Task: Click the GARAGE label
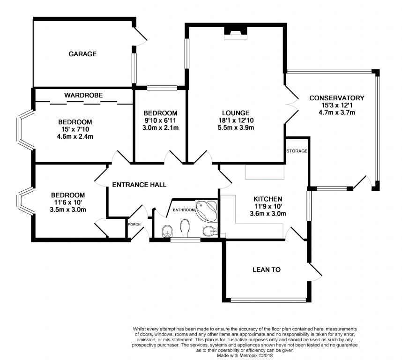(82, 54)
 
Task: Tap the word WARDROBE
(83, 95)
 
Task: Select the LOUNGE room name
(236, 112)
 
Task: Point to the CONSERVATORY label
(336, 98)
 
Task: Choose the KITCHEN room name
(268, 198)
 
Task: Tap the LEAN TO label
(267, 270)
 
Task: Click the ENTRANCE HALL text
(139, 185)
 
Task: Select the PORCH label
(135, 224)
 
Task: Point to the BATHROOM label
(184, 210)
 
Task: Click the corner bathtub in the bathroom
(206, 211)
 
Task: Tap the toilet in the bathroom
(184, 230)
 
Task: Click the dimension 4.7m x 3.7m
(336, 112)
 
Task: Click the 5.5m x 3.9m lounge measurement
(236, 127)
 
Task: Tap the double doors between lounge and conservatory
(290, 103)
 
